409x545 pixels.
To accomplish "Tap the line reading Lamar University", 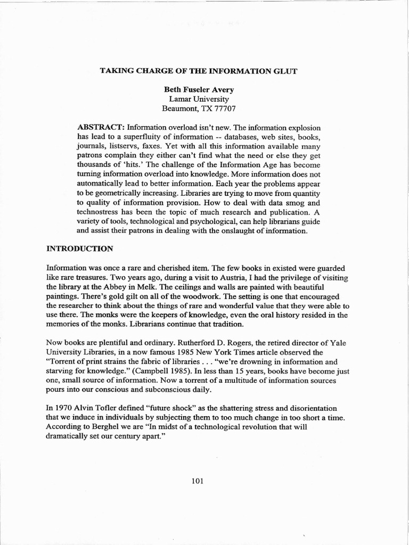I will tap(199, 99).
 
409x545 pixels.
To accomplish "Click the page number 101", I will tap(198, 481).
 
